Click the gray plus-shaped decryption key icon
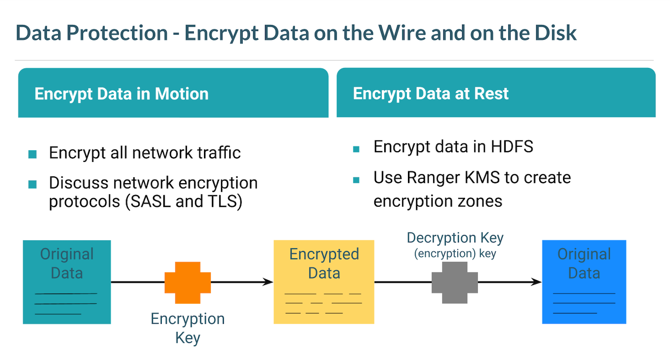pyautogui.click(x=454, y=282)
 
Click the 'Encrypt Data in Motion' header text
pyautogui.click(x=122, y=94)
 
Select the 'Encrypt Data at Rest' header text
pyautogui.click(x=431, y=93)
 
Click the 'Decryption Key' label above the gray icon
pyautogui.click(x=455, y=238)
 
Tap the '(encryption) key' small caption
pyautogui.click(x=455, y=253)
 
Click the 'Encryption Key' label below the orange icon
pyautogui.click(x=187, y=328)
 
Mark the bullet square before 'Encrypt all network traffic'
pyautogui.click(x=32, y=154)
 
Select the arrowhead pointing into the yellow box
pyautogui.click(x=268, y=282)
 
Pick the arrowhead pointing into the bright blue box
pyautogui.click(x=536, y=282)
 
